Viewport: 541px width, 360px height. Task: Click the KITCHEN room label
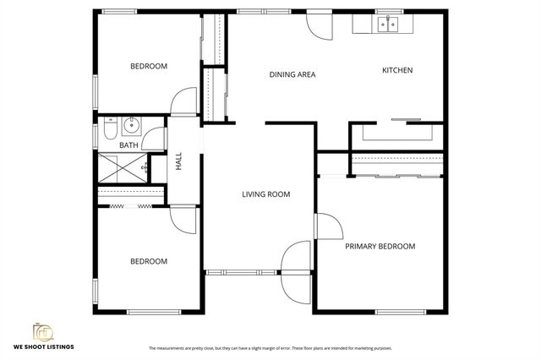(397, 70)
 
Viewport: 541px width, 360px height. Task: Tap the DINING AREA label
(292, 74)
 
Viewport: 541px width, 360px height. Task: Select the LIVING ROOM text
(265, 194)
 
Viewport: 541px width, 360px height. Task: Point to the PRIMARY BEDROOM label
(380, 246)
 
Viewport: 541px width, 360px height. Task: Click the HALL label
(178, 162)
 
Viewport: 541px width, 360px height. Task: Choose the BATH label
(128, 145)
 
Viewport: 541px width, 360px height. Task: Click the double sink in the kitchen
(388, 25)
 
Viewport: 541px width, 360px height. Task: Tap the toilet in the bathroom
(111, 128)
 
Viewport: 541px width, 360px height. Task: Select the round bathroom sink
(130, 128)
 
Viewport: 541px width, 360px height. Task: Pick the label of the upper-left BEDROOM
(148, 66)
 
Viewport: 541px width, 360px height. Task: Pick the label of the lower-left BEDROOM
(148, 261)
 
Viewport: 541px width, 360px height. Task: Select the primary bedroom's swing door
(328, 226)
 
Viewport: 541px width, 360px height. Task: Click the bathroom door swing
(154, 136)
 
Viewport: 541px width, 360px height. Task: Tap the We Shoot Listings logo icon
(41, 331)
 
